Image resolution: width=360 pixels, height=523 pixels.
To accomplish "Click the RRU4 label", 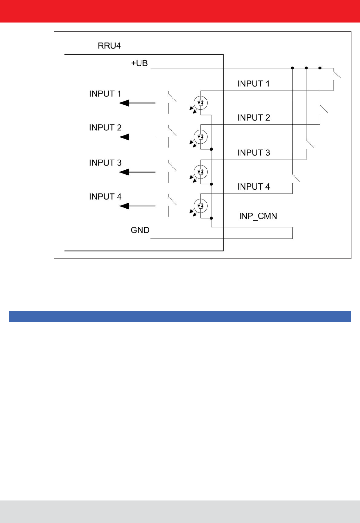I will coord(109,46).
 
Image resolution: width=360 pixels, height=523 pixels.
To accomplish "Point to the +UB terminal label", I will coord(139,63).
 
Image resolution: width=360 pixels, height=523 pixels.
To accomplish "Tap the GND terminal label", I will coord(140,230).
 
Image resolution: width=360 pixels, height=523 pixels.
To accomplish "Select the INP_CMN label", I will coord(258,216).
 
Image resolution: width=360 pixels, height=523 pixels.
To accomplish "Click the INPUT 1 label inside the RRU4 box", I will coord(105,94).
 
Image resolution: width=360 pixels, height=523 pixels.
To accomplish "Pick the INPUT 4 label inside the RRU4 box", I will coord(105,197).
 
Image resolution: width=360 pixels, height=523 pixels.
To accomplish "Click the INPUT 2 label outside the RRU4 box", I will coord(254,118).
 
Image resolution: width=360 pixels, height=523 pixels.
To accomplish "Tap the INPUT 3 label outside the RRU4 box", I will coord(254,153).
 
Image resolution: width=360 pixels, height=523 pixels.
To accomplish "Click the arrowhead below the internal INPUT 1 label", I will coord(124,103).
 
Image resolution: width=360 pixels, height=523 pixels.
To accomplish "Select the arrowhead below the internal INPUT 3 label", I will coord(124,172).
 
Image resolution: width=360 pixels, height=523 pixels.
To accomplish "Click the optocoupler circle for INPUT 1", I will coord(200,103).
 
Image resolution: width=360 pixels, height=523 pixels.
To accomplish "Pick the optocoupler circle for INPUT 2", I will coord(200,137).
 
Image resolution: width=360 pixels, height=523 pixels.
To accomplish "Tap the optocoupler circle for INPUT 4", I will coord(200,206).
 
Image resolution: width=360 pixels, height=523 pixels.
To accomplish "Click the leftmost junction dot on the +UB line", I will coord(292,68).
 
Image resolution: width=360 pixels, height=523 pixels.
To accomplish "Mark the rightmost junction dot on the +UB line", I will coord(320,68).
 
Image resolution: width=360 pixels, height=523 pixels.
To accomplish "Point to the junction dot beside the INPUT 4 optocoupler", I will coord(211,218).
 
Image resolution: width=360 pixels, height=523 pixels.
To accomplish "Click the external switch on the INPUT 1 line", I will coord(337,75).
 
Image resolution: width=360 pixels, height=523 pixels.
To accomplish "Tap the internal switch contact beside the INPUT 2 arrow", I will coord(172,131).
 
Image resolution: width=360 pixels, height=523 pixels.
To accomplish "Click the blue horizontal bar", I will coord(180,317).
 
